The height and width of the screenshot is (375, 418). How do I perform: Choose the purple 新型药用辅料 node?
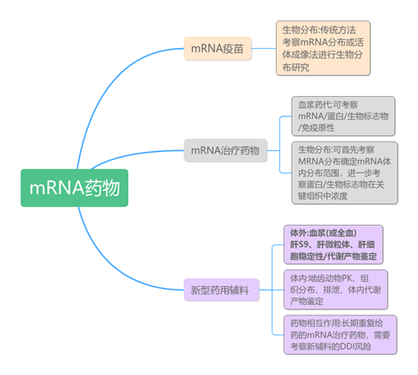[x=219, y=290]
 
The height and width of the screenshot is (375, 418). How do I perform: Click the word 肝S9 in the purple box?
[x=303, y=244]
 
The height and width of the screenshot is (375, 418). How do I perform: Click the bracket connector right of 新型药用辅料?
[x=273, y=290]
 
